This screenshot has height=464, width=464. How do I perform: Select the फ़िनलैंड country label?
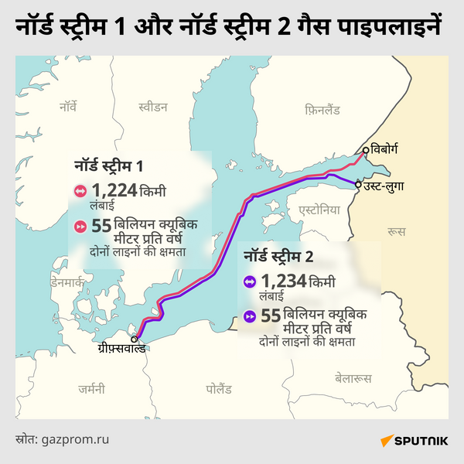click(x=322, y=111)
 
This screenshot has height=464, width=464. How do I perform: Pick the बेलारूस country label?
click(x=353, y=378)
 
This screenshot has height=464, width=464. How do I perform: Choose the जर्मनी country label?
click(x=91, y=390)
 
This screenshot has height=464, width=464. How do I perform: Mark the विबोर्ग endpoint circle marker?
click(x=366, y=152)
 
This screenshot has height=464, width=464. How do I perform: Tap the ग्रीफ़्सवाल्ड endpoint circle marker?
click(x=134, y=339)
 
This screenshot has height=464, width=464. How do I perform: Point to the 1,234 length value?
click(x=283, y=281)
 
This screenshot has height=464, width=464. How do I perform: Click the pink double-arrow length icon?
click(x=80, y=192)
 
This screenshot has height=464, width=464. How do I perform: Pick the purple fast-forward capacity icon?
click(x=249, y=317)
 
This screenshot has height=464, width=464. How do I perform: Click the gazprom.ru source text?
click(x=81, y=439)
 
